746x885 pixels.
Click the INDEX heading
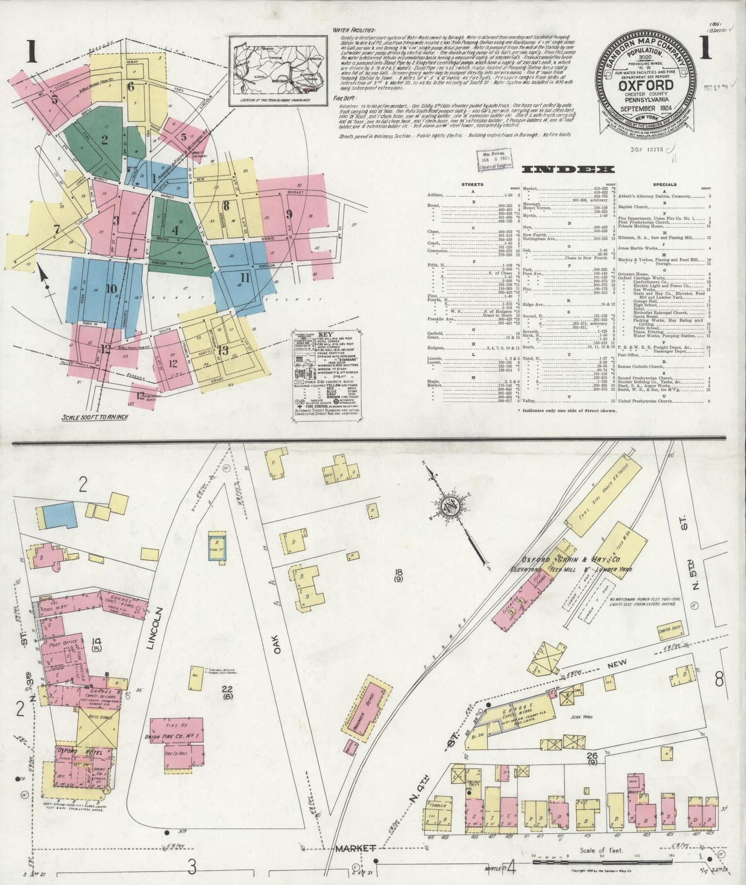[x=568, y=169]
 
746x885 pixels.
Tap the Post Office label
[x=62, y=644]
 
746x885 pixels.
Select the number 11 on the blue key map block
[x=245, y=278]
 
